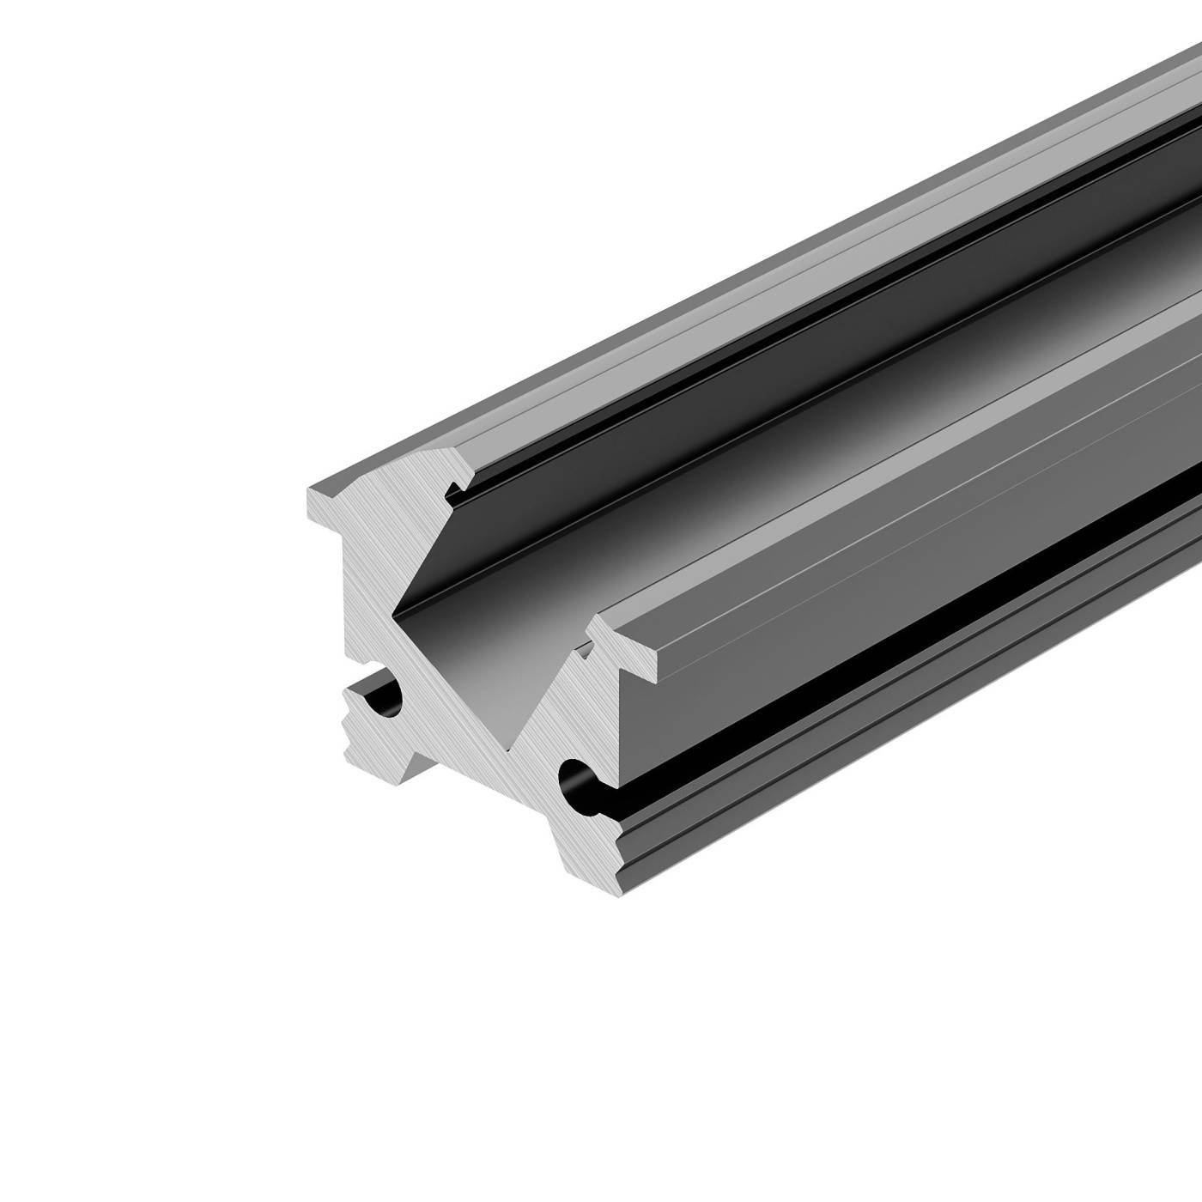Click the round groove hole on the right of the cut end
click(x=576, y=780)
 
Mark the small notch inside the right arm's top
click(x=589, y=646)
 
